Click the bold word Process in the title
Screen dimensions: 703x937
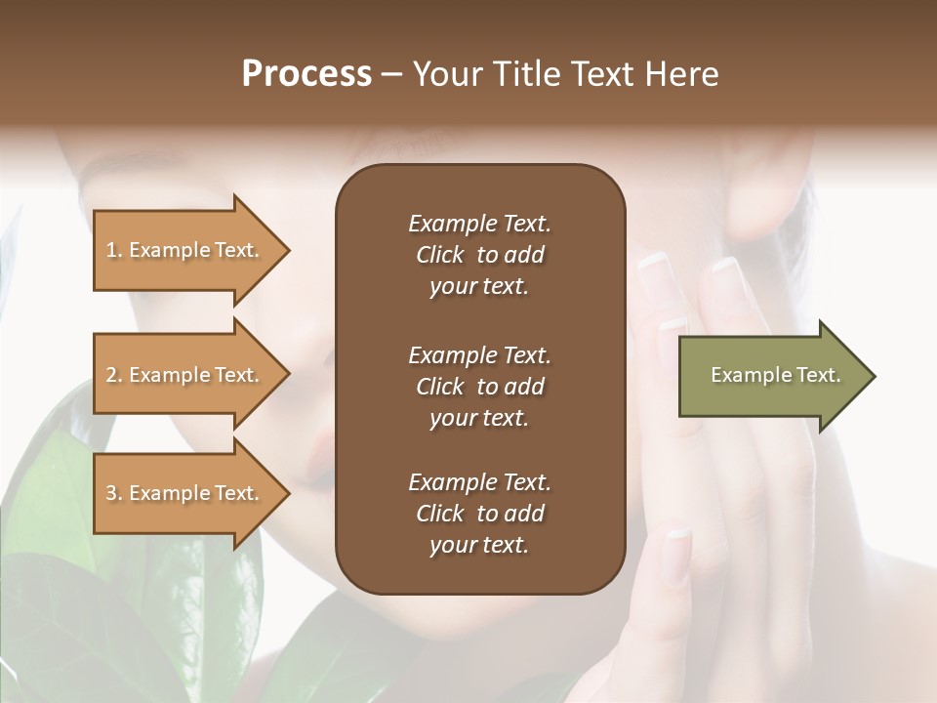[306, 74]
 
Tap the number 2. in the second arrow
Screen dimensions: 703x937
[113, 375]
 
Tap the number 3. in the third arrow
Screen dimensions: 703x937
[113, 493]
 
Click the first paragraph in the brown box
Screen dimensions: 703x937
[479, 255]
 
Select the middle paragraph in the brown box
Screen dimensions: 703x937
[479, 387]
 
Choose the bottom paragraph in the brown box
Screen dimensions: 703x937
[479, 514]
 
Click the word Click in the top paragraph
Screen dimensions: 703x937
[440, 255]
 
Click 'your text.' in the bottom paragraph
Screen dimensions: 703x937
[479, 546]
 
